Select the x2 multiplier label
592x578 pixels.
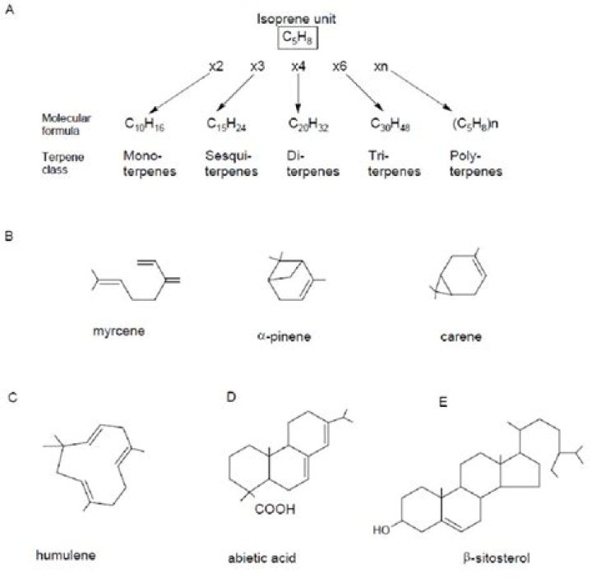point(216,66)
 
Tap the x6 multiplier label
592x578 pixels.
point(340,66)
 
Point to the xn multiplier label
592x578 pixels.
point(381,66)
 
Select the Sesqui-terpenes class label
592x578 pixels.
point(224,163)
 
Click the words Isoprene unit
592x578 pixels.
point(298,18)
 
